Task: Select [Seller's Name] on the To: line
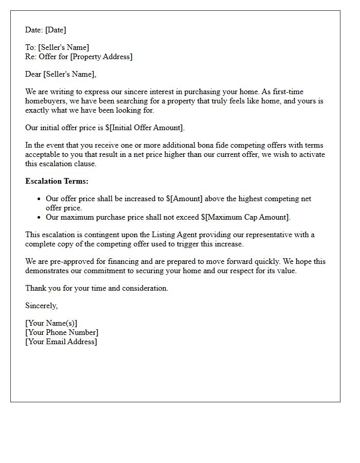pyautogui.click(x=63, y=47)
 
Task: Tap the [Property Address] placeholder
pyautogui.click(x=101, y=57)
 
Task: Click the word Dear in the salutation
pyautogui.click(x=33, y=74)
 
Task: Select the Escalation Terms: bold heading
pyautogui.click(x=57, y=181)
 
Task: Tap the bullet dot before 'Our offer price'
pyautogui.click(x=39, y=199)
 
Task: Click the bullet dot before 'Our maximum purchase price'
pyautogui.click(x=39, y=217)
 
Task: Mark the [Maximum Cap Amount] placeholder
pyautogui.click(x=249, y=217)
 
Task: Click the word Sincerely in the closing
pyautogui.click(x=42, y=306)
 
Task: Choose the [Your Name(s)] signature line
pyautogui.click(x=51, y=323)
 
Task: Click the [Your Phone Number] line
pyautogui.click(x=62, y=332)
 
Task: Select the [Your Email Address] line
pyautogui.click(x=61, y=342)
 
